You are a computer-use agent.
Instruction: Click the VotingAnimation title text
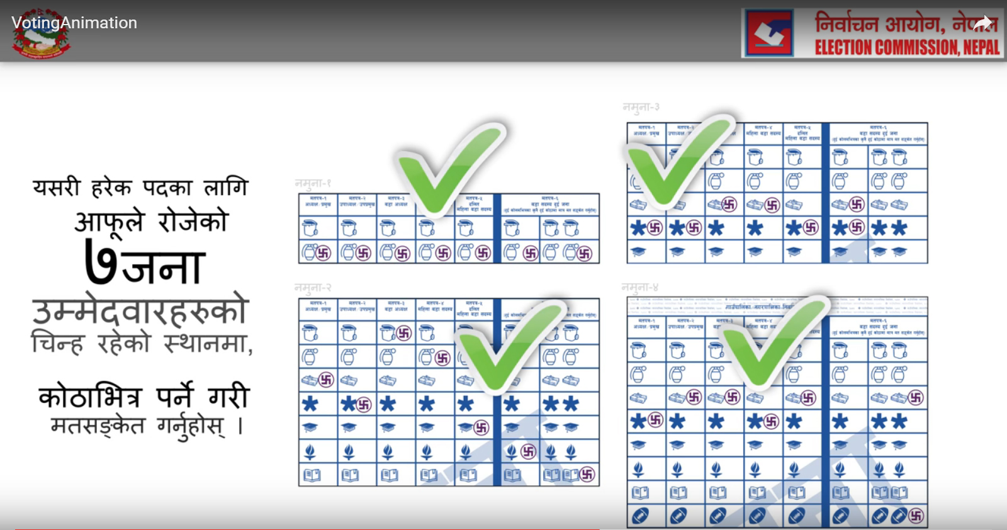[74, 23]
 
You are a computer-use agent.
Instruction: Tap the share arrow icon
[983, 24]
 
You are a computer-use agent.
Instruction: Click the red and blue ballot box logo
[769, 33]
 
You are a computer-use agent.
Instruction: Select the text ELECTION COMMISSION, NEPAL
[907, 47]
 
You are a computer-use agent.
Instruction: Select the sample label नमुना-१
[313, 183]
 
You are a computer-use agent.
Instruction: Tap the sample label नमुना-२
[313, 288]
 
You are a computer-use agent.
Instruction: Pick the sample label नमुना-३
[641, 107]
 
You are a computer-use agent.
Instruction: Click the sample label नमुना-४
[640, 288]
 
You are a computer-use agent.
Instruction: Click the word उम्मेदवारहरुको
[141, 310]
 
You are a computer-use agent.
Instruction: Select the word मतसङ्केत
[98, 426]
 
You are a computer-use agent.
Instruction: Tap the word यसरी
[57, 187]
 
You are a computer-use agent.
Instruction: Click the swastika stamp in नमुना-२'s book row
[587, 475]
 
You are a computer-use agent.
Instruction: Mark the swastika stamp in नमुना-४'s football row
[916, 516]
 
